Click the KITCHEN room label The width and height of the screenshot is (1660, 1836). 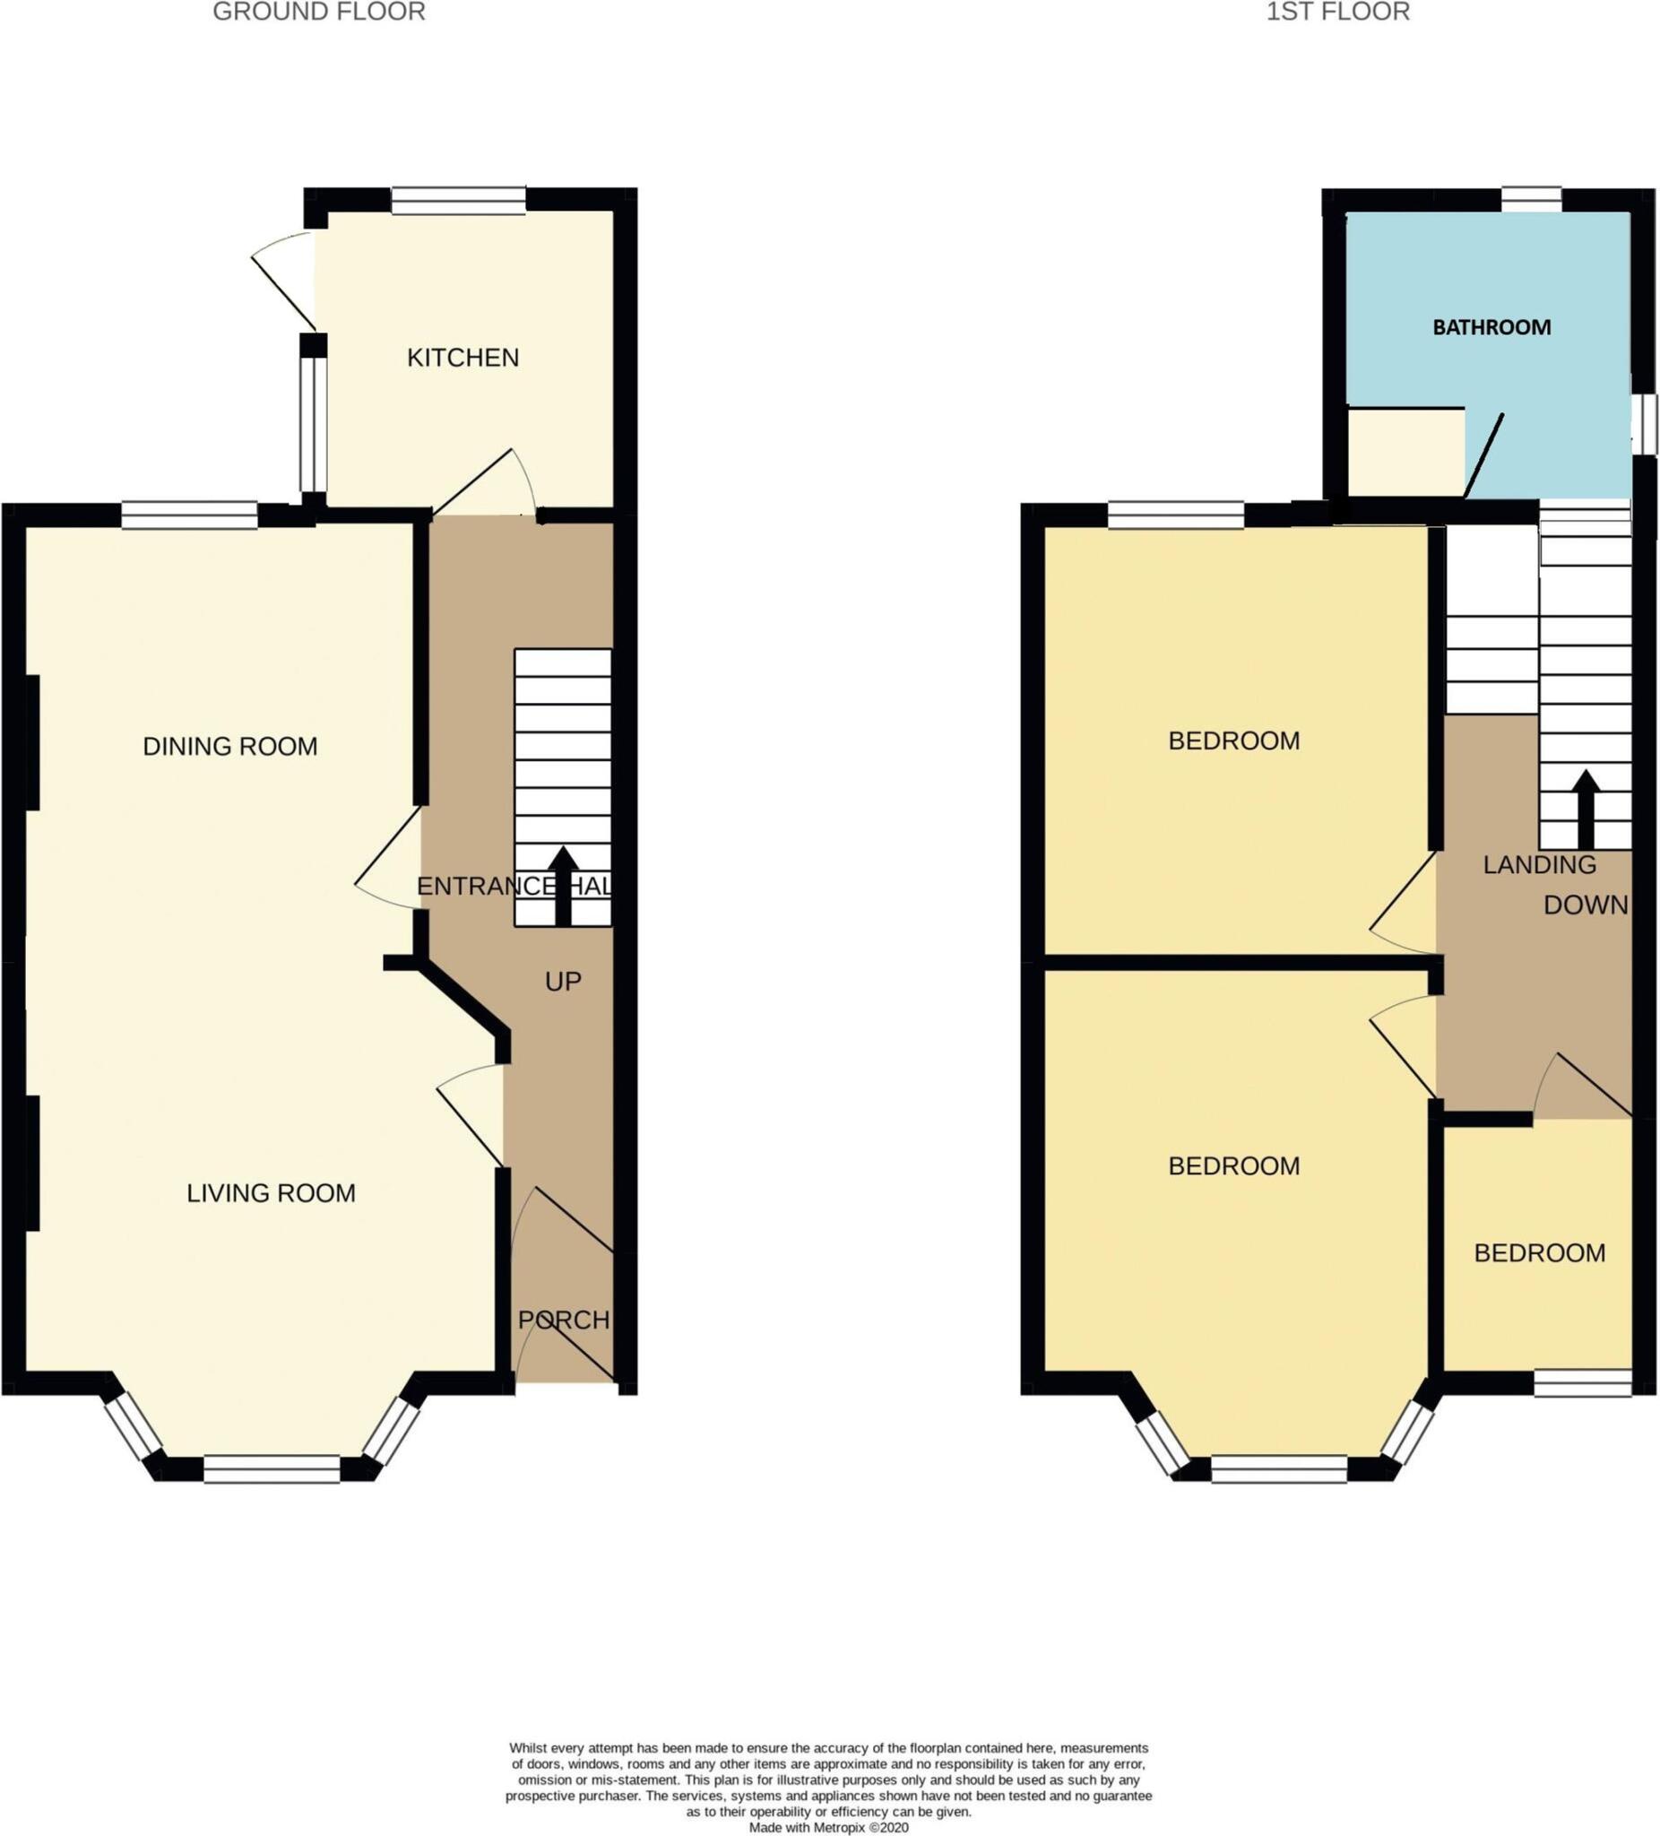tap(463, 358)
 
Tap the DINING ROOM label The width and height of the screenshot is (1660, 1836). tap(230, 747)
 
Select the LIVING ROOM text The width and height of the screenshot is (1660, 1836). tap(271, 1193)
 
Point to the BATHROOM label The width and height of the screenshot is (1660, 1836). tap(1491, 327)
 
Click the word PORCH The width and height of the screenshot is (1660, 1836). tap(564, 1320)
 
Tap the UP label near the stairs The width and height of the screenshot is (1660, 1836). tap(563, 981)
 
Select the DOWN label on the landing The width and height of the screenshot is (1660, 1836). tap(1586, 905)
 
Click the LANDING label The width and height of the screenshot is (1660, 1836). tap(1539, 864)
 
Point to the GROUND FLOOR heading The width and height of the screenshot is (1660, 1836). tap(319, 12)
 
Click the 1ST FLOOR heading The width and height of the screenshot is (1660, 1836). tap(1337, 12)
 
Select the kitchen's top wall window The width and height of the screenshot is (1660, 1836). tap(459, 199)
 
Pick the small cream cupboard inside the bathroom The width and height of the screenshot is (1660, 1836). tap(1405, 453)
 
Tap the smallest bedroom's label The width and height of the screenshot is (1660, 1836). tap(1539, 1253)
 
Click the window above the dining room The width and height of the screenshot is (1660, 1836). tap(189, 515)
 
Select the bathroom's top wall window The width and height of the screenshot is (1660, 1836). tap(1531, 199)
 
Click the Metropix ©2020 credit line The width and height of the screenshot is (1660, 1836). tap(828, 1827)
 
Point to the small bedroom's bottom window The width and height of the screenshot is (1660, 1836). tap(1583, 1383)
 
